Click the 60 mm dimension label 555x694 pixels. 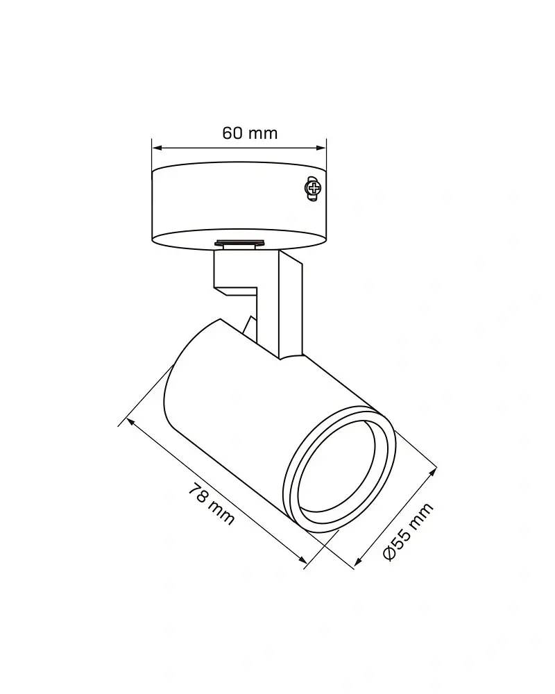[250, 133]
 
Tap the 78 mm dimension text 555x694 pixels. [212, 505]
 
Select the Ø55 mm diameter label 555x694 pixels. [408, 532]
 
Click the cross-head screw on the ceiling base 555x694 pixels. [314, 189]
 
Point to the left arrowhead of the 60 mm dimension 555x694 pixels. [157, 148]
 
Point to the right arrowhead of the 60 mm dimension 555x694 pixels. [321, 148]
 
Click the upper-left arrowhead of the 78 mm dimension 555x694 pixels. [130, 422]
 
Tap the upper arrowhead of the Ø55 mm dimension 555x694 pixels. [432, 472]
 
